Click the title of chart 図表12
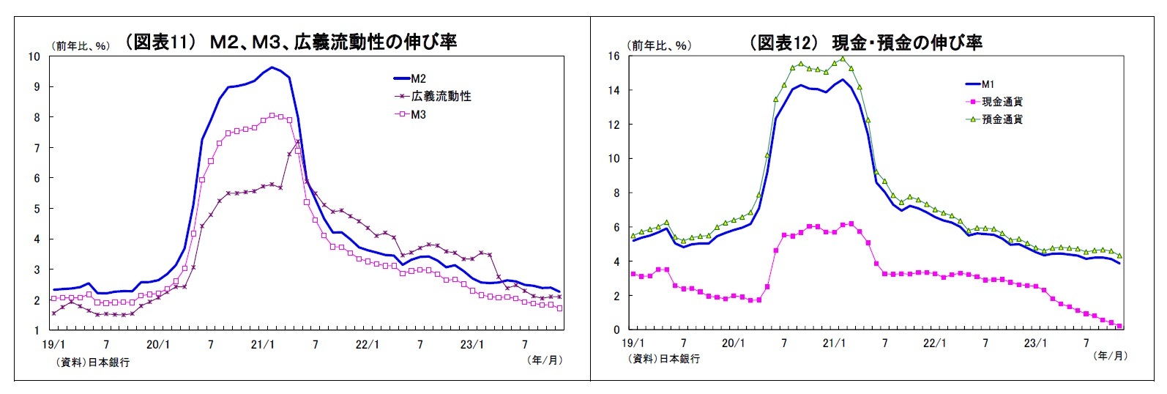(x=865, y=42)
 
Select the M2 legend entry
(x=418, y=78)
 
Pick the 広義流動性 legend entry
(x=440, y=96)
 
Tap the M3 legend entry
(x=418, y=114)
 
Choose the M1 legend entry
(x=988, y=84)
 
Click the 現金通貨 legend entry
(x=1002, y=102)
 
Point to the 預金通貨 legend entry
(x=1002, y=119)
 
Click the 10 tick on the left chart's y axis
(x=34, y=56)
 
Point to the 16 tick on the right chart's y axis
(x=614, y=56)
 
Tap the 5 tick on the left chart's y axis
(x=36, y=209)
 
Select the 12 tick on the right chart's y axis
(x=614, y=124)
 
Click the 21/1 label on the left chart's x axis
(x=262, y=344)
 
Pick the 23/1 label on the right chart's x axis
(x=1034, y=343)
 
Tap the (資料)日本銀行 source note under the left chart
(x=92, y=362)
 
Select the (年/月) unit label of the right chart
(x=1110, y=356)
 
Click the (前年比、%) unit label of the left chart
(x=81, y=45)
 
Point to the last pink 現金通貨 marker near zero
(x=1119, y=327)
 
